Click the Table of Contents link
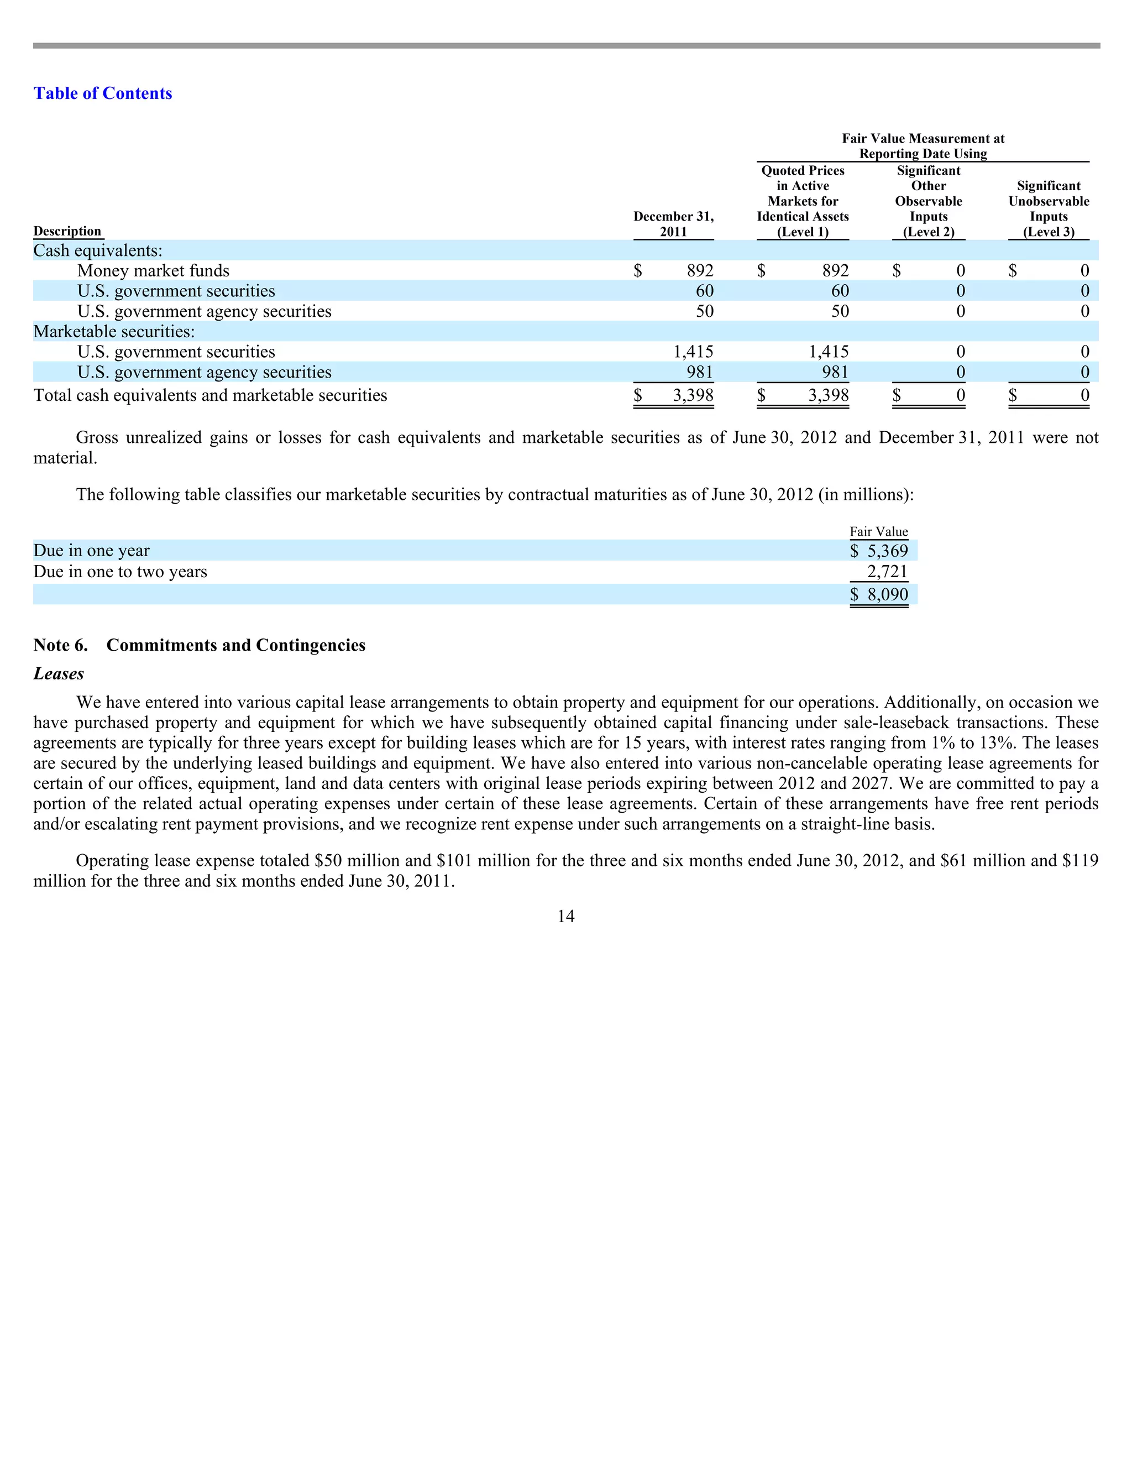pyautogui.click(x=103, y=93)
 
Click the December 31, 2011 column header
pyautogui.click(x=673, y=224)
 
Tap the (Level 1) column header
pyautogui.click(x=803, y=232)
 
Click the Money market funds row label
pyautogui.click(x=153, y=271)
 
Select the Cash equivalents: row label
pyautogui.click(x=98, y=251)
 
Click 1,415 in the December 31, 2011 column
pyautogui.click(x=694, y=352)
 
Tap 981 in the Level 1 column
pyautogui.click(x=835, y=372)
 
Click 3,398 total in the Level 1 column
pyautogui.click(x=828, y=396)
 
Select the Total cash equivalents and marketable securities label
pyautogui.click(x=211, y=396)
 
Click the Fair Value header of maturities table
pyautogui.click(x=878, y=532)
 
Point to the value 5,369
pyautogui.click(x=887, y=551)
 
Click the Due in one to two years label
pyautogui.click(x=120, y=572)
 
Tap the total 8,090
pyautogui.click(x=887, y=595)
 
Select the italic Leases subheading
pyautogui.click(x=59, y=674)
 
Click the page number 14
pyautogui.click(x=565, y=916)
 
